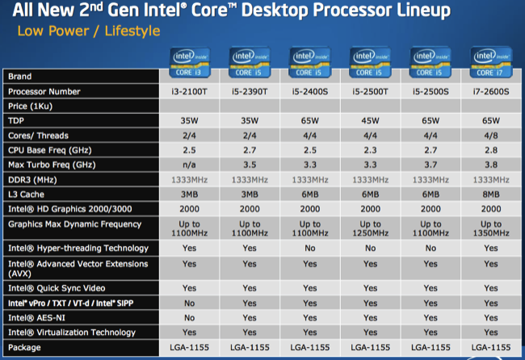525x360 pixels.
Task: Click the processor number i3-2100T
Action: point(189,91)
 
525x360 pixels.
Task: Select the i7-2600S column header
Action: point(491,91)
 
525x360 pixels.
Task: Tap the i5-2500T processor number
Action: point(370,91)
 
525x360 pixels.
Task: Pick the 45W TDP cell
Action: point(370,120)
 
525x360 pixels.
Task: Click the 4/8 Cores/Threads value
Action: point(491,135)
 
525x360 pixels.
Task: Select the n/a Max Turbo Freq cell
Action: point(189,164)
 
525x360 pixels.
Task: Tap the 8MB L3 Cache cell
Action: point(491,194)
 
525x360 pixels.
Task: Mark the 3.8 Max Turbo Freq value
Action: point(491,164)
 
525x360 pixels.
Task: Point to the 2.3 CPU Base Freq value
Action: point(370,149)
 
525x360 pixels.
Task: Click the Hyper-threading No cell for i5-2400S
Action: point(309,248)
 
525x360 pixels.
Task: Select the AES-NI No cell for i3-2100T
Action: point(189,317)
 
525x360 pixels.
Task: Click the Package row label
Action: point(25,347)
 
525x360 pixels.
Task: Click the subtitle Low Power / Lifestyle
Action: point(85,31)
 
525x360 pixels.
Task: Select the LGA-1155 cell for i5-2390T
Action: point(249,347)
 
